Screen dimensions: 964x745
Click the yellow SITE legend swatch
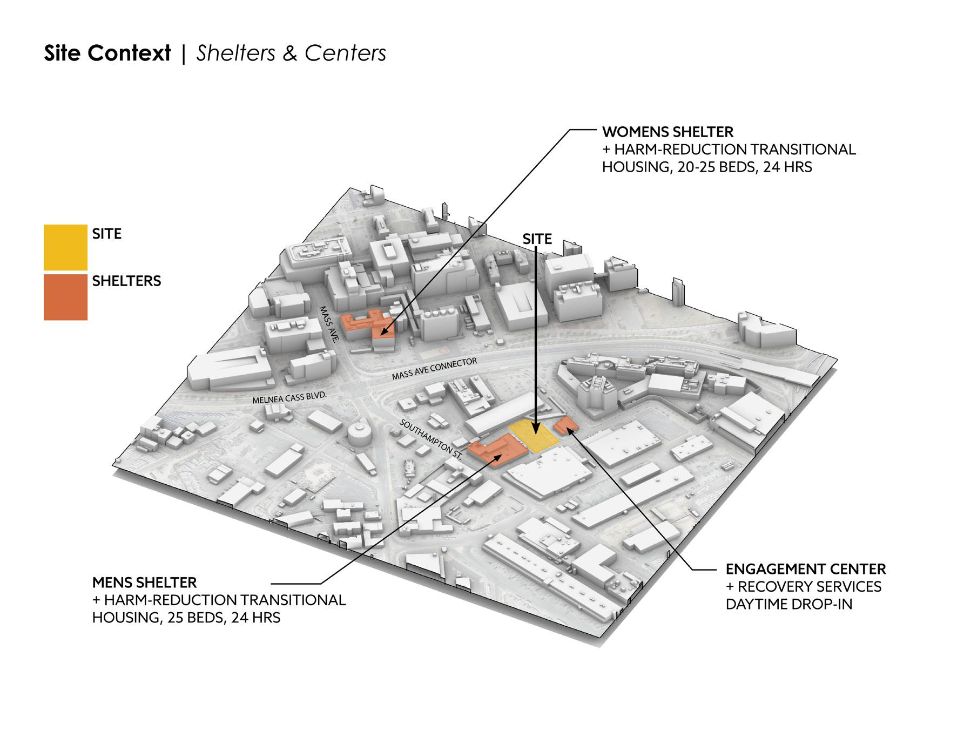pyautogui.click(x=65, y=247)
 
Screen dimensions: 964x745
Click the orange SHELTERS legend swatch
pyautogui.click(x=65, y=297)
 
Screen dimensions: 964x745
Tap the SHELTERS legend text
pyautogui.click(x=126, y=281)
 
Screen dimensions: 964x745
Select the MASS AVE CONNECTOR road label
pyautogui.click(x=434, y=368)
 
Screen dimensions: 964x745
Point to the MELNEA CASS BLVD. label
pyautogui.click(x=290, y=398)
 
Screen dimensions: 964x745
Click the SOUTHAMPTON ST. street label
pyautogui.click(x=432, y=438)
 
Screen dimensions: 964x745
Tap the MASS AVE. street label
pyautogui.click(x=328, y=325)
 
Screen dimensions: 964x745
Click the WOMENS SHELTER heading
pyautogui.click(x=668, y=132)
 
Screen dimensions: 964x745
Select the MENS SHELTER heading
pyautogui.click(x=144, y=583)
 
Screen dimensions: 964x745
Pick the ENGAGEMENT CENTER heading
pyautogui.click(x=805, y=569)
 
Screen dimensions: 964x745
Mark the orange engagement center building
pyautogui.click(x=565, y=425)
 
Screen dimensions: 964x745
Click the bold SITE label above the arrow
pyautogui.click(x=537, y=239)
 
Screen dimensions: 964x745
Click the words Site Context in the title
pyautogui.click(x=107, y=53)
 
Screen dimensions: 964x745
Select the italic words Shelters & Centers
pyautogui.click(x=291, y=53)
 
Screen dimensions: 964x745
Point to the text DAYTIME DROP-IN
pyautogui.click(x=788, y=604)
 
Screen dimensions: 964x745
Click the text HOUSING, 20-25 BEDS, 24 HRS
pyautogui.click(x=706, y=167)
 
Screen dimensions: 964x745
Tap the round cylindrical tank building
pyautogui.click(x=358, y=432)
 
